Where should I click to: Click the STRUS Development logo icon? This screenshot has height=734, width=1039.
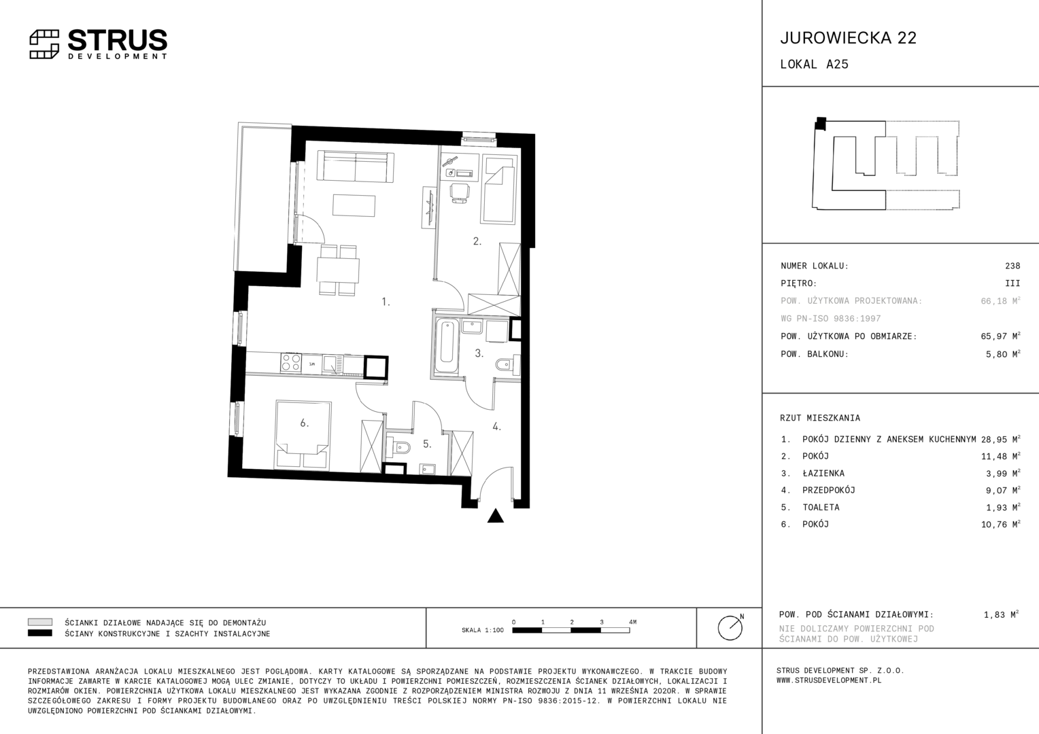click(44, 44)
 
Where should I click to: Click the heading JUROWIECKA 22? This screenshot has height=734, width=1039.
click(849, 38)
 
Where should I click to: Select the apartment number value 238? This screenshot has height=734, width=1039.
click(1012, 266)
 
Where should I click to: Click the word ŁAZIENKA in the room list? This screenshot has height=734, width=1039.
click(823, 473)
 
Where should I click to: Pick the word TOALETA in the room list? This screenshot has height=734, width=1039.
click(821, 507)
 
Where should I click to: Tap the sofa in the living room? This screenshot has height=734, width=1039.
click(356, 166)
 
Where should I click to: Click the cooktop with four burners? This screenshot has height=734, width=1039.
click(291, 362)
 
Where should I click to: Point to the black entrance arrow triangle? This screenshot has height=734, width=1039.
click(496, 516)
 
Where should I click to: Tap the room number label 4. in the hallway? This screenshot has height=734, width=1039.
click(497, 427)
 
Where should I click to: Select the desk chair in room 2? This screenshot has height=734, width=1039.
click(459, 193)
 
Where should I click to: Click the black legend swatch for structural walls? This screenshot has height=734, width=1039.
click(40, 633)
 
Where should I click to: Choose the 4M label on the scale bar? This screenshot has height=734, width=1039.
click(632, 622)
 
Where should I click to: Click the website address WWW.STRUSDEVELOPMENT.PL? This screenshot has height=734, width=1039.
click(829, 680)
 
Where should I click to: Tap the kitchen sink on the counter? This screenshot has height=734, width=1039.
click(332, 364)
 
